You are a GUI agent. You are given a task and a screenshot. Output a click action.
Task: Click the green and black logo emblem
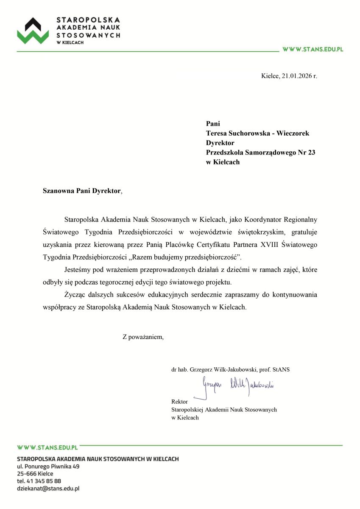[x=33, y=31]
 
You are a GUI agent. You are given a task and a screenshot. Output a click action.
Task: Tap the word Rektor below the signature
[x=179, y=401]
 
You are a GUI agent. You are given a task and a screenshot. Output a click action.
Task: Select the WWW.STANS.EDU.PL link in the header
[x=313, y=49]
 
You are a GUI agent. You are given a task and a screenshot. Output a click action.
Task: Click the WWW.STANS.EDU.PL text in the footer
[x=47, y=447]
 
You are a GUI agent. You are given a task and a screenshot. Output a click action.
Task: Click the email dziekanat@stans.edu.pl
[x=48, y=489]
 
